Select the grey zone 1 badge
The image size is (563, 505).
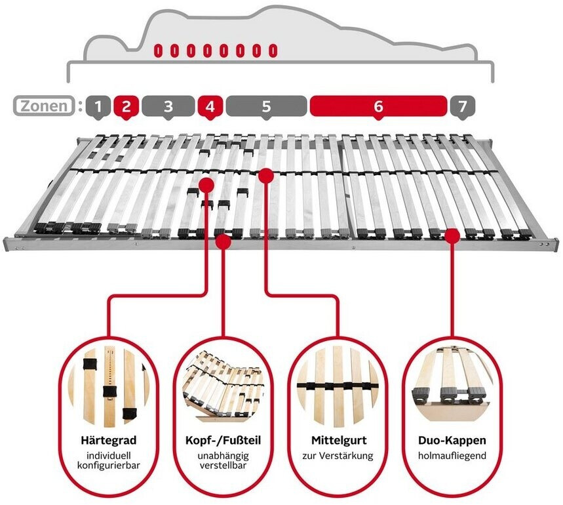point(98,106)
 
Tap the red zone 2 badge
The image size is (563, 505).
point(126,106)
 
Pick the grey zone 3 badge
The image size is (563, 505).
point(168,106)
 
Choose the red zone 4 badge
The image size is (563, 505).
point(210,106)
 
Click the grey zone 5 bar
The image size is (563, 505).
point(266,106)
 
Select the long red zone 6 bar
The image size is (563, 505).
point(378,106)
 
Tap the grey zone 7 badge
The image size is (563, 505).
point(462,106)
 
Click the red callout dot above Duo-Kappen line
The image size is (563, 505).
point(452,235)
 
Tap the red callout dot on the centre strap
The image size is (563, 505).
point(265,175)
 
